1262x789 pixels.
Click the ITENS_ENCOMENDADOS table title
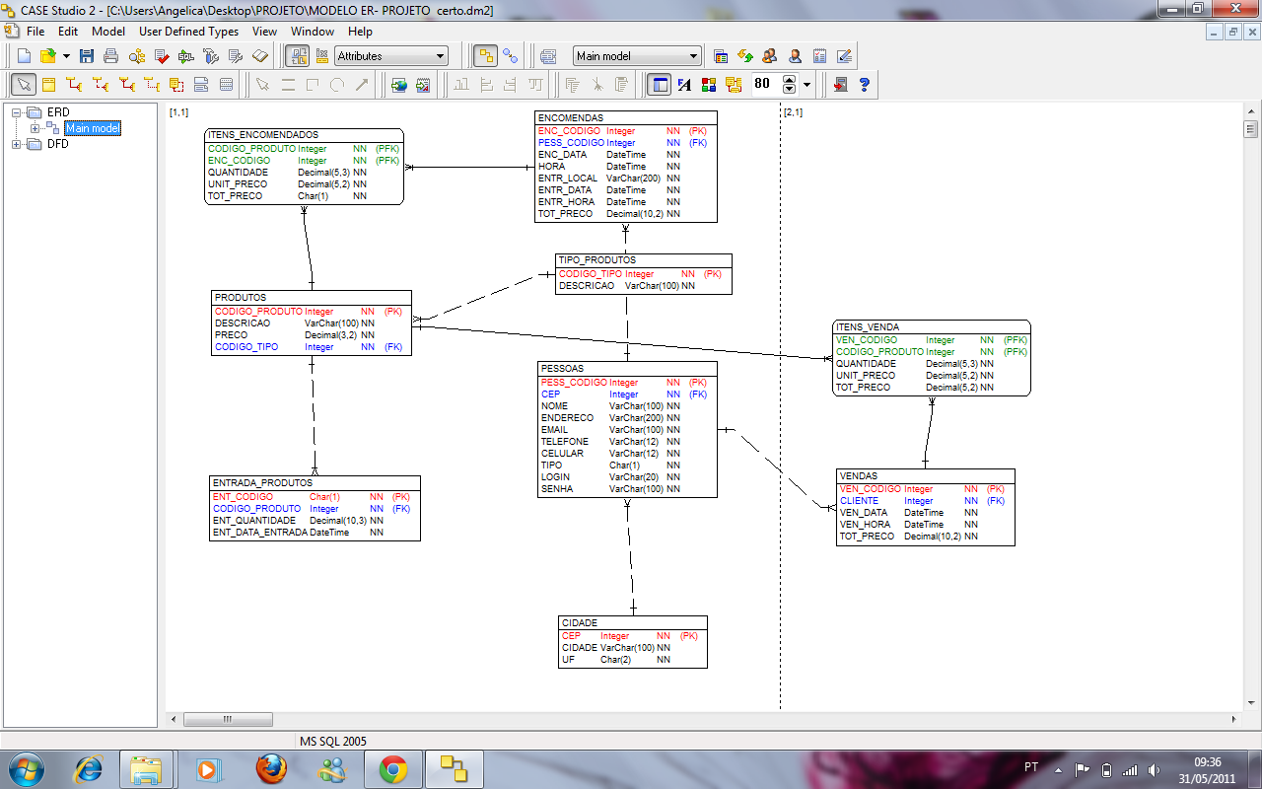tap(263, 135)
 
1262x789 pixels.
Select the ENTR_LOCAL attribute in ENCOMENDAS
tap(567, 179)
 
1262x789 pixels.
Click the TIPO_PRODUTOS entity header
tap(597, 260)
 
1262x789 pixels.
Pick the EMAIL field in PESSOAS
tap(555, 430)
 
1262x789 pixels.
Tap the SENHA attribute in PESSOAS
tap(557, 489)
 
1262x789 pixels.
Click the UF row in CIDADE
tap(569, 660)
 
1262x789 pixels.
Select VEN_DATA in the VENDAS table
tap(864, 513)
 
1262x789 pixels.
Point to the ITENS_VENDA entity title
tap(868, 327)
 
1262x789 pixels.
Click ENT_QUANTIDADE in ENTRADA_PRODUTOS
tap(254, 521)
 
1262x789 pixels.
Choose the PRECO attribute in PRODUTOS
tap(232, 335)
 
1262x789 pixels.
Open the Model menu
tap(108, 32)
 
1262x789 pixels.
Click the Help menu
tap(360, 32)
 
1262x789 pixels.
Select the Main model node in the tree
tap(93, 128)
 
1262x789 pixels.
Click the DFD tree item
tap(58, 144)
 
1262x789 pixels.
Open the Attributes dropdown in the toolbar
tap(391, 56)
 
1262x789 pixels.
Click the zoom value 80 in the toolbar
tap(762, 84)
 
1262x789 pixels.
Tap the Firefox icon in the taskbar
tap(271, 768)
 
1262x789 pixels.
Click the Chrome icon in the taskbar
tap(393, 768)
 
